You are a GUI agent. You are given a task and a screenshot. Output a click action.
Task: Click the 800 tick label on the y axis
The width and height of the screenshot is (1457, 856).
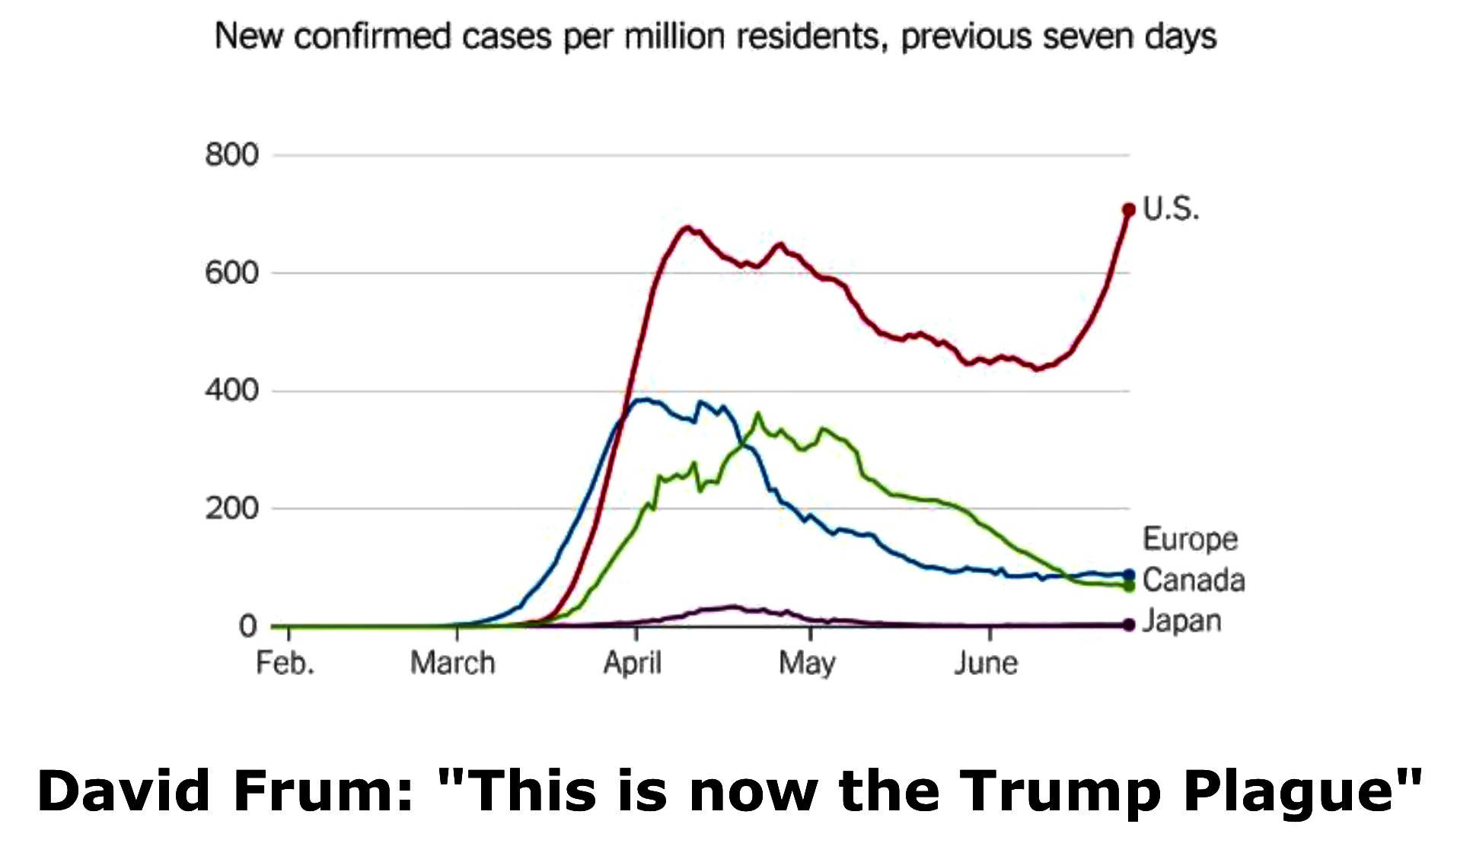click(x=231, y=155)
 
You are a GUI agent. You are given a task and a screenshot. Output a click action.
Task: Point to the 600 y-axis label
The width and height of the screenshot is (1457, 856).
click(x=231, y=273)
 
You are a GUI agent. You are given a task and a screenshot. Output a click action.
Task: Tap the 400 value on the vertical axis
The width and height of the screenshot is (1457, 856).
click(x=231, y=391)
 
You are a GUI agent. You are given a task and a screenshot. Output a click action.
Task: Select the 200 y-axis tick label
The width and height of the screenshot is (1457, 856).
click(x=231, y=508)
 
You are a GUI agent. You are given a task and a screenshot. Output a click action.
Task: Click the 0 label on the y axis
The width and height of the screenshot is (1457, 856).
click(x=247, y=626)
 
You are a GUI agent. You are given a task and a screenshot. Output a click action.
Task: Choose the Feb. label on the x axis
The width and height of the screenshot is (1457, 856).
click(x=285, y=663)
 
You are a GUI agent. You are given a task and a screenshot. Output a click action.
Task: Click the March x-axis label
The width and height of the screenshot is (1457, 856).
click(x=452, y=663)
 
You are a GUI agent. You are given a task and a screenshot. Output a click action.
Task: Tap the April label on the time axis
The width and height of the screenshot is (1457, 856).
click(x=632, y=663)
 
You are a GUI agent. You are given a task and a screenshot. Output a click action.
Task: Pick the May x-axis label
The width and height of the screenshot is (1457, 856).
click(x=806, y=663)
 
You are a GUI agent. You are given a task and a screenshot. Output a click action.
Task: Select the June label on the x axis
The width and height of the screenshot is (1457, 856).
click(x=986, y=663)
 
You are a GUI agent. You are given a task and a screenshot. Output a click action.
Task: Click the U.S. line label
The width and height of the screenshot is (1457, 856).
click(x=1171, y=208)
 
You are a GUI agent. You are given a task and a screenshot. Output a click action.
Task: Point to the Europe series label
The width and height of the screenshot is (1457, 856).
click(x=1190, y=539)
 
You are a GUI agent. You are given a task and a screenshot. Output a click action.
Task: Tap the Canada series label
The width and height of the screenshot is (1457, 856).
click(x=1194, y=581)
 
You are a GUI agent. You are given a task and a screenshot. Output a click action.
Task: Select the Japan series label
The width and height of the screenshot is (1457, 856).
click(x=1182, y=622)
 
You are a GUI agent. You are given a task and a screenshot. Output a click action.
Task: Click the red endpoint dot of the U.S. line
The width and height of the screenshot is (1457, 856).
click(x=1128, y=209)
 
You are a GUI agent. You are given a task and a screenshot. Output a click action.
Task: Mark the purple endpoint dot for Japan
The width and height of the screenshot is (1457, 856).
click(x=1128, y=625)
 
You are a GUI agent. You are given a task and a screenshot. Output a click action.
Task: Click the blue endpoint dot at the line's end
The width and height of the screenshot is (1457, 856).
click(x=1128, y=575)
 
